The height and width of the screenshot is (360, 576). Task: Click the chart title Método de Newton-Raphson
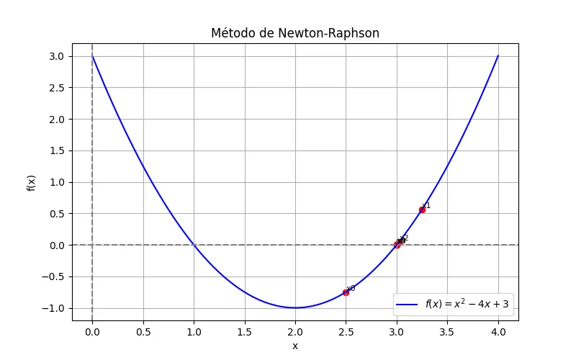[x=294, y=33]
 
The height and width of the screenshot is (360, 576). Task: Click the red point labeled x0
[x=346, y=292]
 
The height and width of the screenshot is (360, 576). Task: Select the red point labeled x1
[x=422, y=210]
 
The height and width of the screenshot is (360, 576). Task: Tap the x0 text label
[x=351, y=288]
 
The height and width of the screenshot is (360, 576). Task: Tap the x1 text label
[x=426, y=205]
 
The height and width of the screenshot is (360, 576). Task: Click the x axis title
[x=294, y=346]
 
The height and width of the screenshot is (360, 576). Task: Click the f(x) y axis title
[x=31, y=181]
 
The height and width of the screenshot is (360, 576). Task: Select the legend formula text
[x=467, y=305]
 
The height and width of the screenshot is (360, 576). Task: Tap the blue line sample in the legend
[x=408, y=305]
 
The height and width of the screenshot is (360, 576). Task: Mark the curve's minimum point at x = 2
[x=295, y=307]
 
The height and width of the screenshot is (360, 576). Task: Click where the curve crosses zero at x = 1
[x=194, y=245]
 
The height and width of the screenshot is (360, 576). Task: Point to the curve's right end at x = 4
[x=498, y=56]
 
